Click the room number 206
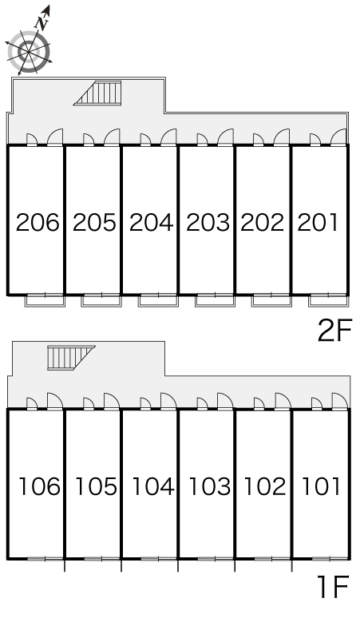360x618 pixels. coord(38,222)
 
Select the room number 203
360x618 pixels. coord(208,222)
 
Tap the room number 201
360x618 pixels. coord(318,222)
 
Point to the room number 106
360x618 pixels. coord(40,486)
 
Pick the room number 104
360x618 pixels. coord(152,486)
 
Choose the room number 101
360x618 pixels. coord(321,486)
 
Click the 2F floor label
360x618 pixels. coord(334,332)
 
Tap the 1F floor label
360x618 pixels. coord(334,587)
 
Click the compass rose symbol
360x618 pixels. coord(30,51)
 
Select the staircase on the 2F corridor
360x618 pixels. coord(97,93)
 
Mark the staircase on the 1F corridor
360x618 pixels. coord(71,358)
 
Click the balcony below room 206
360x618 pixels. coord(45,300)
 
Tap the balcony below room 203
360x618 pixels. coord(215,300)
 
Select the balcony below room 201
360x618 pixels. coord(329,300)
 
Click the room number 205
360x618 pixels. coord(94,222)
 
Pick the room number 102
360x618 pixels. coord(265,486)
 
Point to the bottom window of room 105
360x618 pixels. coord(101,559)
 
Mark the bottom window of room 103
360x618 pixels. coord(215,559)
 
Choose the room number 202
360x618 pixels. coord(263,222)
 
